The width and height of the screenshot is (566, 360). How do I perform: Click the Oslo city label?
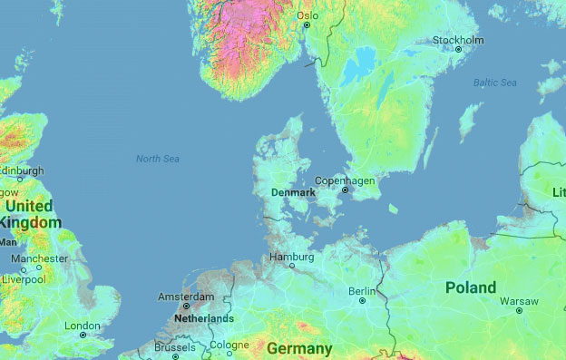pos(308,15)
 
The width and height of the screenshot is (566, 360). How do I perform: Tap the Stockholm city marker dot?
pos(458,49)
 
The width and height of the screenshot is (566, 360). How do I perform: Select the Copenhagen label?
pos(345,180)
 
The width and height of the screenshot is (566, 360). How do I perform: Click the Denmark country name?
pos(293,193)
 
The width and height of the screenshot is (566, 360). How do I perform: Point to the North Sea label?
pos(158,160)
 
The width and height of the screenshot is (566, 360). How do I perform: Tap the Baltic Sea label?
pos(494,83)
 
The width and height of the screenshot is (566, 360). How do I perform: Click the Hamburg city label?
pos(291,258)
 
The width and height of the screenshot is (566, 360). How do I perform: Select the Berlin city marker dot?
pos(362,301)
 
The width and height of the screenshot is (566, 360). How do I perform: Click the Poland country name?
pos(471,287)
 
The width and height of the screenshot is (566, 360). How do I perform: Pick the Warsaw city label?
pos(519,300)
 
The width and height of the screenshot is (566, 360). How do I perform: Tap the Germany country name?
pos(299,348)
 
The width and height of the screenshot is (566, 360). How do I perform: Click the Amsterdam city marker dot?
pos(187,306)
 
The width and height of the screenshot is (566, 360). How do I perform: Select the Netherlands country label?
pos(204,319)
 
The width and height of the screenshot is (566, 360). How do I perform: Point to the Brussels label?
pos(175,347)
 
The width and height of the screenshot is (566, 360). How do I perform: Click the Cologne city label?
pos(229,345)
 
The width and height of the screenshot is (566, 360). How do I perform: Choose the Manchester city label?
pos(39,258)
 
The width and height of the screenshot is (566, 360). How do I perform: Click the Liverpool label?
pos(24,278)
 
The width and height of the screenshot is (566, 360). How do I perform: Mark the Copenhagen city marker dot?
pos(345,190)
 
